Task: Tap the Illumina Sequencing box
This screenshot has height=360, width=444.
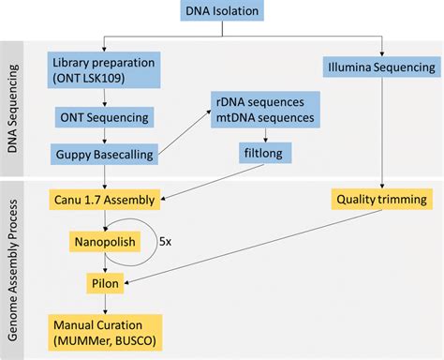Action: click(x=382, y=67)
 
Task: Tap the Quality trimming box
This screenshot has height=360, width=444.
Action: click(x=382, y=199)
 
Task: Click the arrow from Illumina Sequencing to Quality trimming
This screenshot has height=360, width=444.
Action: click(x=382, y=131)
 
